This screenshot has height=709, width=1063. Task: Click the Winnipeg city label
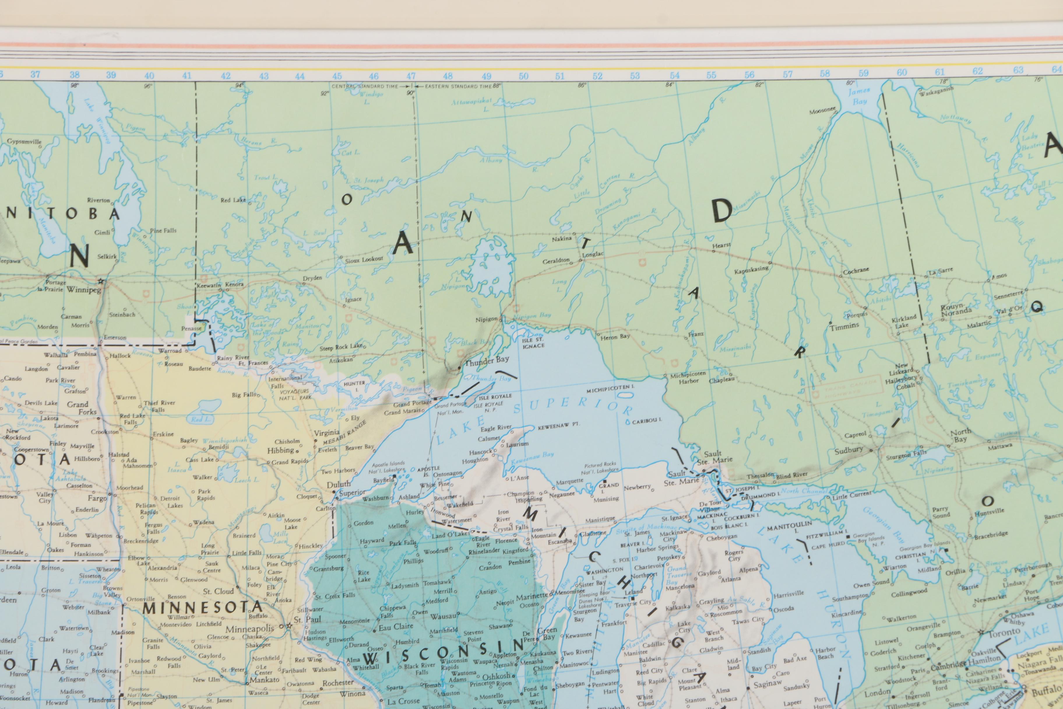pyautogui.click(x=84, y=290)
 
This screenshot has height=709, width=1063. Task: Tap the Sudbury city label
pyautogui.click(x=849, y=450)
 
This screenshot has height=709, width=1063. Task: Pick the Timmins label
pyautogui.click(x=844, y=326)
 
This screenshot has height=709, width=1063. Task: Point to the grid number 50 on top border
pyautogui.click(x=523, y=76)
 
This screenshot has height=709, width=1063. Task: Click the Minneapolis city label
pyautogui.click(x=250, y=629)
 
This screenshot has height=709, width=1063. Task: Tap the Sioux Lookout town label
pyautogui.click(x=364, y=259)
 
